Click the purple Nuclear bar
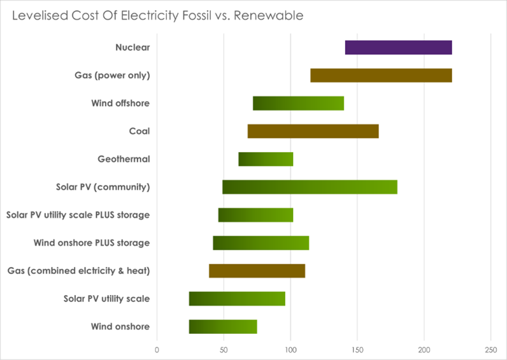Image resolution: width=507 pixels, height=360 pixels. coord(398,48)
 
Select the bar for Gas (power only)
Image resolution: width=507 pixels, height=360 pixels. coord(381,75)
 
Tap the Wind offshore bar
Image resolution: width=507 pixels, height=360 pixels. coord(298,103)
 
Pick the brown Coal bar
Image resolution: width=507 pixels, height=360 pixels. coord(313,131)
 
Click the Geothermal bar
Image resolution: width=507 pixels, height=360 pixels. coord(266,159)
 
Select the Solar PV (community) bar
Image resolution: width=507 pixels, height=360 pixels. coord(310,187)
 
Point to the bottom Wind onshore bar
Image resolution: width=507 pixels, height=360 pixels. coord(223,327)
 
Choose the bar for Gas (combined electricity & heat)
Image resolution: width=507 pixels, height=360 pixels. coord(257,271)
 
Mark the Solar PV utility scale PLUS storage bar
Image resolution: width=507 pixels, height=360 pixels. coord(255,215)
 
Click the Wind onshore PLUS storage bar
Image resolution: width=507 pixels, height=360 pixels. coord(261,243)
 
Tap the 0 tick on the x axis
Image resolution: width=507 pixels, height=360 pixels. coord(157,349)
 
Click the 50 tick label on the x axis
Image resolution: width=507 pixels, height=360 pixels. coord(224,349)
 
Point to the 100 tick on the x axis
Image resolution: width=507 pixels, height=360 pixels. coord(290,349)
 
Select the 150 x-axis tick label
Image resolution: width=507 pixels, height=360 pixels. coord(357,349)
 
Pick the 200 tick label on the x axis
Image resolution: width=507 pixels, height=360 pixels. coord(424,349)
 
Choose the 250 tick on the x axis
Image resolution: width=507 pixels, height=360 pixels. coord(490,349)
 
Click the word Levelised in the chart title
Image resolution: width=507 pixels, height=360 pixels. coord(39,15)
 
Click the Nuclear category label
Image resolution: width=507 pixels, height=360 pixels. coord(132,48)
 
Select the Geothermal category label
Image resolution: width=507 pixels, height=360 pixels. coord(124,159)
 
